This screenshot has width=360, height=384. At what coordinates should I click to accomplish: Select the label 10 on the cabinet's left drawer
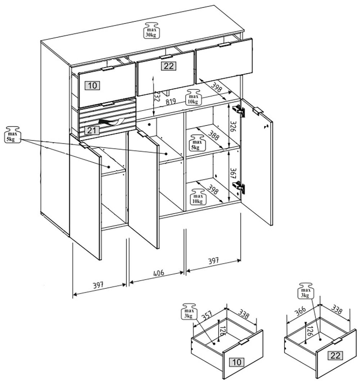click(93, 85)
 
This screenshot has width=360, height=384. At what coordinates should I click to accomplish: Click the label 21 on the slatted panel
click(92, 130)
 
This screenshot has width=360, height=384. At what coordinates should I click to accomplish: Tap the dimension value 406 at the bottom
click(156, 273)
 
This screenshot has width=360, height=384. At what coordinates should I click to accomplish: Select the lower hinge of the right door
click(239, 187)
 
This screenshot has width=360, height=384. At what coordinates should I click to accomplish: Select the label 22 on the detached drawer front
click(335, 356)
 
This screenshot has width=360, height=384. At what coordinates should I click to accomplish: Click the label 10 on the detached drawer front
click(237, 362)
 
